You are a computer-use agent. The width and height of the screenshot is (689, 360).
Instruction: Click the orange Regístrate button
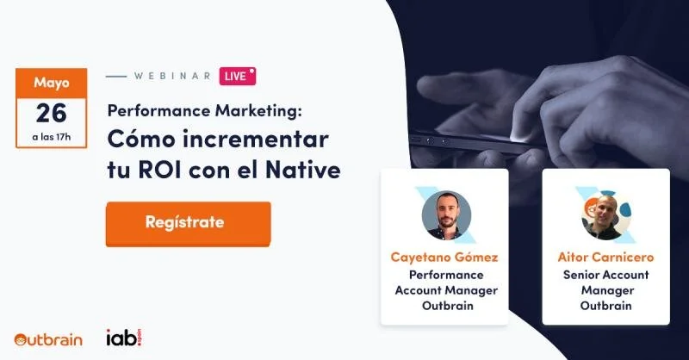(x=188, y=223)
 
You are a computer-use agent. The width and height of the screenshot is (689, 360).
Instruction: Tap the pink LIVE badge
(x=237, y=76)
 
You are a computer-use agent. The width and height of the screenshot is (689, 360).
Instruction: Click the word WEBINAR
(x=172, y=76)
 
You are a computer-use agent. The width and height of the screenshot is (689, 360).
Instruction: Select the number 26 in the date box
(x=52, y=113)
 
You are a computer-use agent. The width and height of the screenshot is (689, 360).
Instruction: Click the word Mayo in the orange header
(x=52, y=83)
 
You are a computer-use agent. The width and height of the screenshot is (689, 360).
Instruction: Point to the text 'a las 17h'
(x=52, y=137)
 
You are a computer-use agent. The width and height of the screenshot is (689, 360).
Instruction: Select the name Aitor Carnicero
(x=605, y=257)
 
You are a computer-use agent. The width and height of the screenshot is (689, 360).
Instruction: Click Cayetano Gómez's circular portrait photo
(x=446, y=215)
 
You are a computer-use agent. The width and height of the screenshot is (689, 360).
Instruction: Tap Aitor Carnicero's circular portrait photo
(x=605, y=215)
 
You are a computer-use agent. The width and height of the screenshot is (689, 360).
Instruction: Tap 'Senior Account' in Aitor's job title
(x=605, y=275)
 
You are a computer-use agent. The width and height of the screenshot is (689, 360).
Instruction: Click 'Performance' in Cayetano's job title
(x=445, y=275)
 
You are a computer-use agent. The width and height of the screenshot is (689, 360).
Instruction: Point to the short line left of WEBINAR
(x=115, y=76)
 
